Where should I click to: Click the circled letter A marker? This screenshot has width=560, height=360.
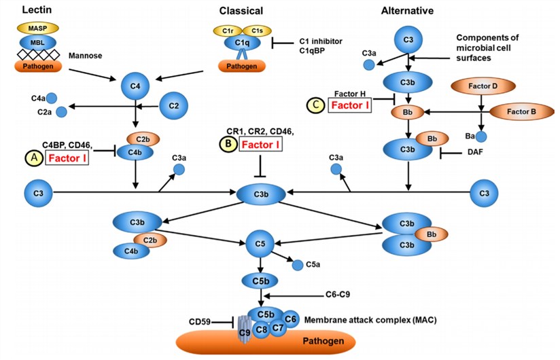tap(31, 158)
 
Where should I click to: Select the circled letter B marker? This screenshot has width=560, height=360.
tap(226, 144)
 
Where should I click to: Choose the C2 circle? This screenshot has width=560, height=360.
tap(173, 106)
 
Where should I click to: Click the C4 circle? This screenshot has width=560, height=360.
tap(135, 86)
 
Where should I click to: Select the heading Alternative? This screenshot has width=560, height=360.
tap(407, 10)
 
